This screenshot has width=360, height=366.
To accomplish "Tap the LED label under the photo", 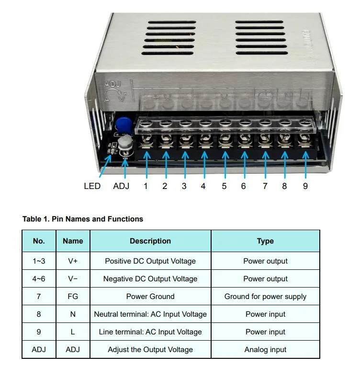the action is (92, 186).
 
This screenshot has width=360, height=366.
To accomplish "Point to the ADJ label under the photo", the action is (121, 186).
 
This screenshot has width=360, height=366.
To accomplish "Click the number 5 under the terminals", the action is (224, 186).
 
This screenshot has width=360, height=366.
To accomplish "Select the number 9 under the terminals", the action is (305, 186).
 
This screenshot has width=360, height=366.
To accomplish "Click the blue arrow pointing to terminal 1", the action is (146, 165).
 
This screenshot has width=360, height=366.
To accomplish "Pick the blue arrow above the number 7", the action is (265, 165).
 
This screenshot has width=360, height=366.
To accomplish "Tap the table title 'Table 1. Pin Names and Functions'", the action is (83, 219).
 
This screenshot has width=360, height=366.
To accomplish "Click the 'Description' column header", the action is (150, 241).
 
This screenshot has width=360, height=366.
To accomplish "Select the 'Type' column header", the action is (265, 241).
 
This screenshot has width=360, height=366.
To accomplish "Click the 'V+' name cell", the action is (73, 261).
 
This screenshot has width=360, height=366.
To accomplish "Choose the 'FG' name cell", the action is (73, 297).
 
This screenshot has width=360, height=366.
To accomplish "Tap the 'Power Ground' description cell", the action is (150, 297).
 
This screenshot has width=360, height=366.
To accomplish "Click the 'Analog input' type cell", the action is (265, 350).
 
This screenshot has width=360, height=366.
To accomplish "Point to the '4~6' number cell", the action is (39, 279).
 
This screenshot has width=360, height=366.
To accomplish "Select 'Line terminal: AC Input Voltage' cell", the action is (150, 332).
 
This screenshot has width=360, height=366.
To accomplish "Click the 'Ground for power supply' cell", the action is (265, 297).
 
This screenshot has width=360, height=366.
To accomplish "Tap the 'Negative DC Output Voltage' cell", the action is (150, 279).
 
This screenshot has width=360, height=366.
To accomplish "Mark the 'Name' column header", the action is (73, 241).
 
